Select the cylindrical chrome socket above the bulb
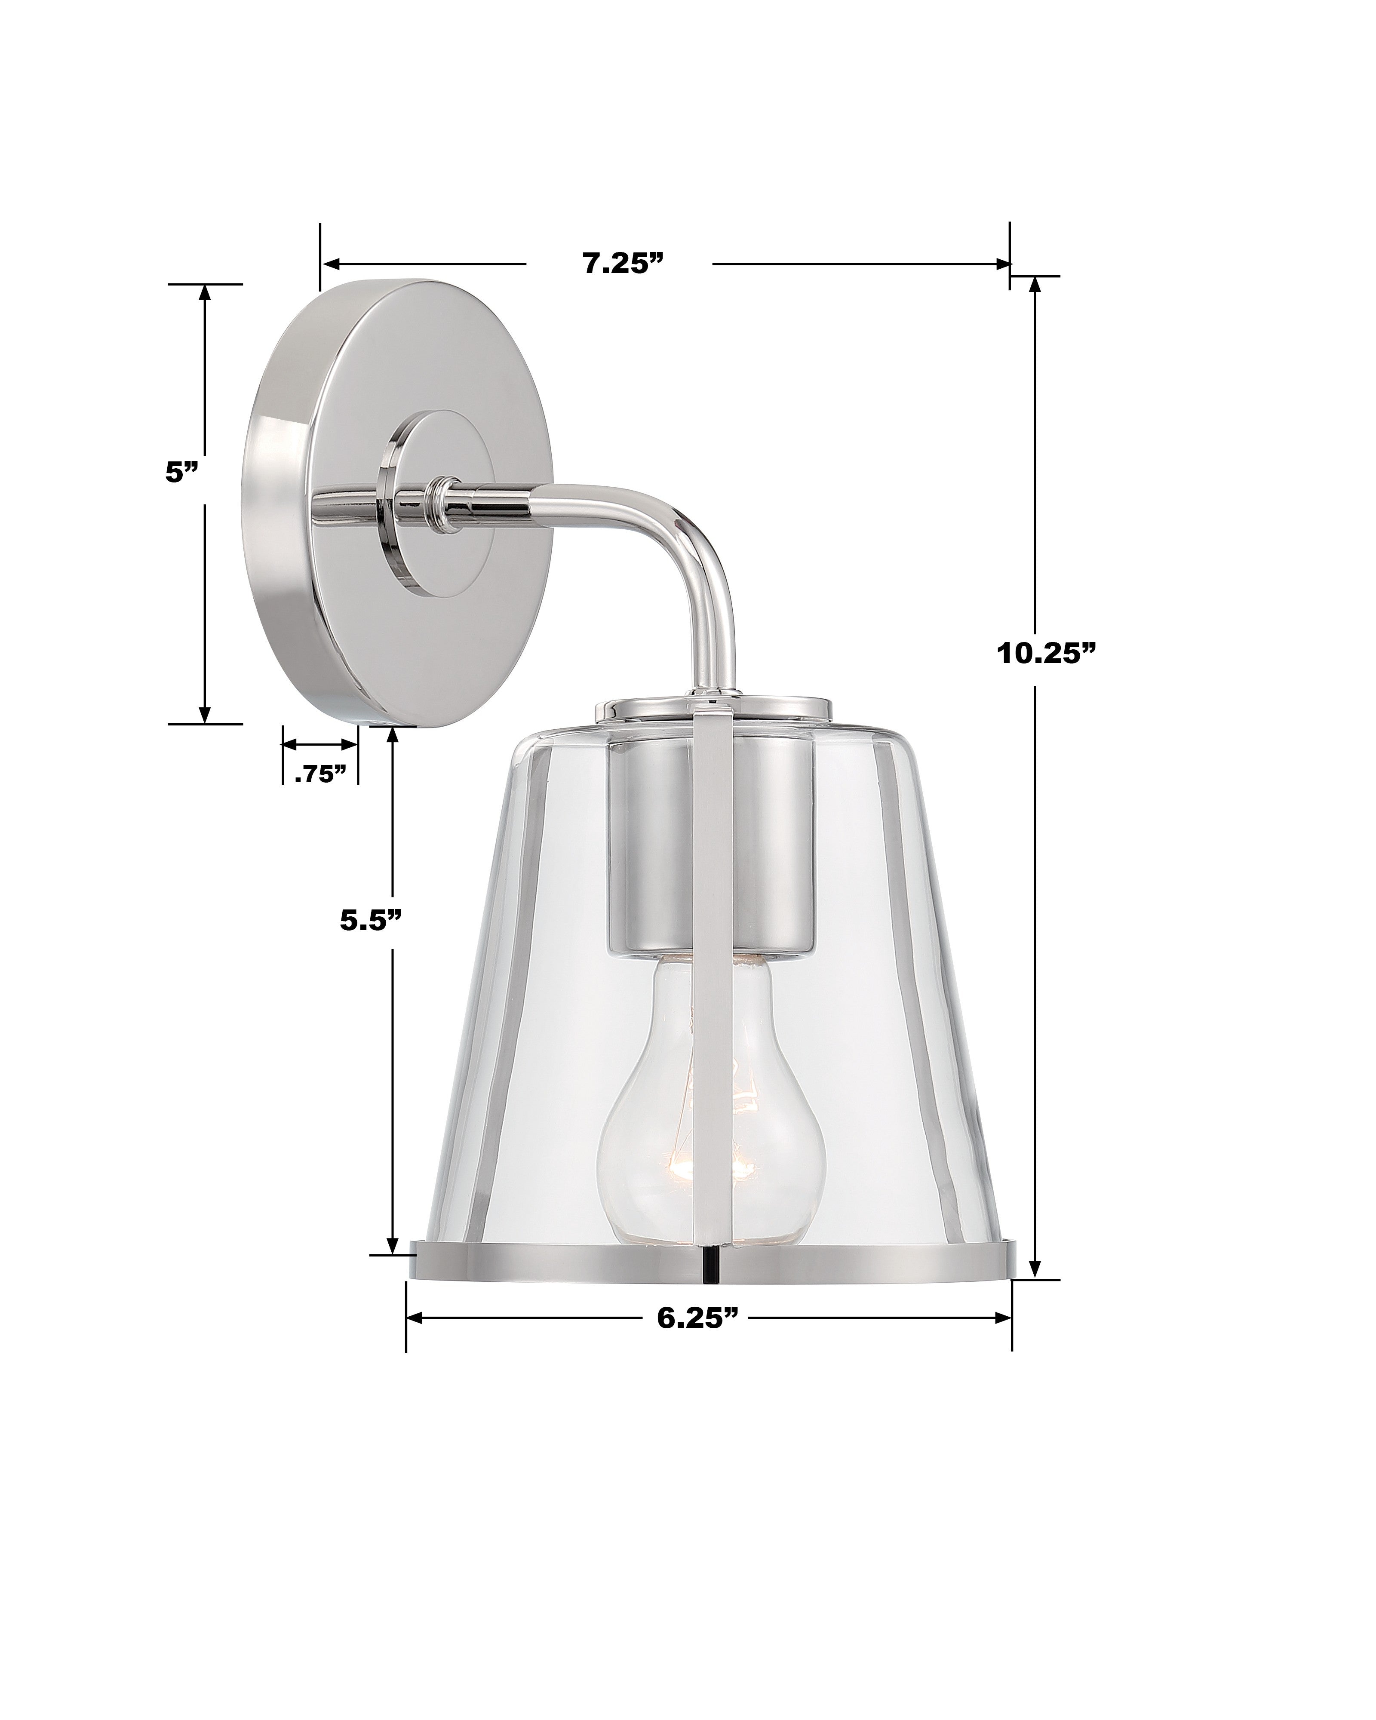coord(654,846)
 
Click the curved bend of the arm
coord(694,543)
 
